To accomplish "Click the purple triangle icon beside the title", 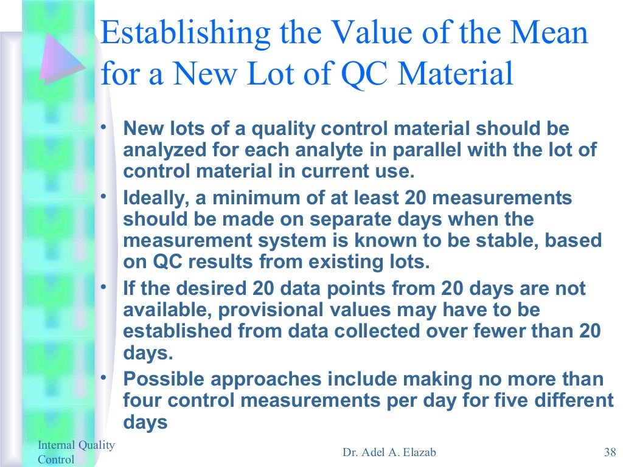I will click(x=61, y=60).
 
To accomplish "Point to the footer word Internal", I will click(x=55, y=445).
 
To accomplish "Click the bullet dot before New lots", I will click(x=104, y=126).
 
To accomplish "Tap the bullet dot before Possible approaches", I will click(x=104, y=377).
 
